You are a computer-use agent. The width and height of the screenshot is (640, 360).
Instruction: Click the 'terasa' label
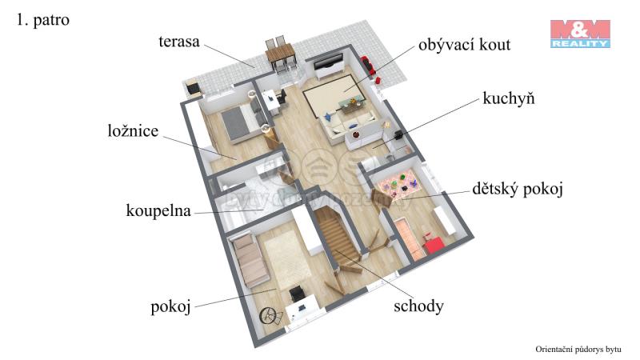(178, 42)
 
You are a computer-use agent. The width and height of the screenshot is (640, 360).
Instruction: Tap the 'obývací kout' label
(464, 45)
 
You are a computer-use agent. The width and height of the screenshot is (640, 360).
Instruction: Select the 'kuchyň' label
(508, 98)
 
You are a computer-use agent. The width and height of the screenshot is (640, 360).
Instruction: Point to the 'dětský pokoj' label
(517, 189)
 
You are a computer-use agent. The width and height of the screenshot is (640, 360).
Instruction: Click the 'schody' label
(418, 306)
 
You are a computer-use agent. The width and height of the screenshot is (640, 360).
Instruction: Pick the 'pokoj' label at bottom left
(170, 306)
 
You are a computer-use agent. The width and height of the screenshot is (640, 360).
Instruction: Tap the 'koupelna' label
(158, 210)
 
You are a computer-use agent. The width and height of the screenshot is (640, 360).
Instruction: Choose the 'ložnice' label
(133, 130)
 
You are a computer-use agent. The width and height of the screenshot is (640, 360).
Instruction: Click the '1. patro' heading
(43, 20)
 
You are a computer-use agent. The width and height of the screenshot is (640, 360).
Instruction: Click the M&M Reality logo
(580, 34)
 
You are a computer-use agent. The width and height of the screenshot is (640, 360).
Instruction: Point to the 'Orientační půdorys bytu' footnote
(578, 350)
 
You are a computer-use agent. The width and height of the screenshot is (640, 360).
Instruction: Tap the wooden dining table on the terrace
(281, 54)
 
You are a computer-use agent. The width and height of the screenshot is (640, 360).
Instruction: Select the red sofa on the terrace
(367, 66)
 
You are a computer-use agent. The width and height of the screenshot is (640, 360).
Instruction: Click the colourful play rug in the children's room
(396, 183)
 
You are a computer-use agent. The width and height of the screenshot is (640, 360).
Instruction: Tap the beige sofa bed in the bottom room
(250, 260)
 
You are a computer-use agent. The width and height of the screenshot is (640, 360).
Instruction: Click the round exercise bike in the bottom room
(270, 315)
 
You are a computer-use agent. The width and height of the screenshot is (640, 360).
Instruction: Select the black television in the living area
(328, 62)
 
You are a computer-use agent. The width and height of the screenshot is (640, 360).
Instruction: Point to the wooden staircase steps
(337, 237)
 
